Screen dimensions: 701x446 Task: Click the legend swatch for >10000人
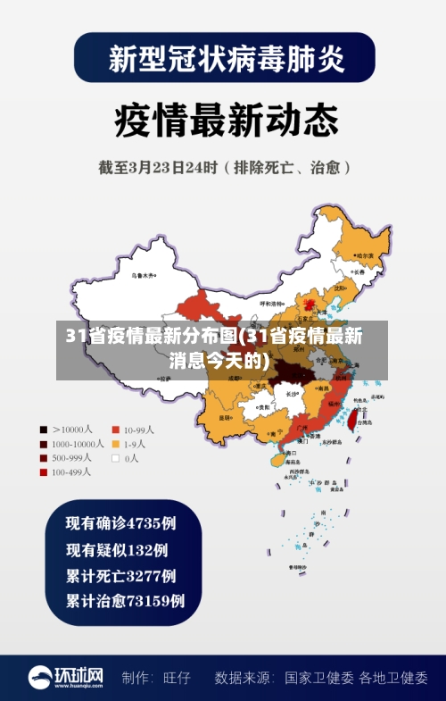[x=43, y=429]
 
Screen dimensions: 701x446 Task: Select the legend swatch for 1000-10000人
[x=43, y=443]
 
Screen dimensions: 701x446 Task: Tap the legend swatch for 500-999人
[x=43, y=457]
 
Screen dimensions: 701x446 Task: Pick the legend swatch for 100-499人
[x=43, y=472]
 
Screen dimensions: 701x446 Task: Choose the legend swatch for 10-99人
[x=115, y=429]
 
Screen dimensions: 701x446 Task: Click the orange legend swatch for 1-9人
[x=115, y=443]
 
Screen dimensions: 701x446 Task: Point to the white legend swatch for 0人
[x=115, y=457]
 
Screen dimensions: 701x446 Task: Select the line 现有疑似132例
[x=117, y=549]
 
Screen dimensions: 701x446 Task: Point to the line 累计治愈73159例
[x=126, y=601]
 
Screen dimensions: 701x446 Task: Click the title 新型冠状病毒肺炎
[x=224, y=59]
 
